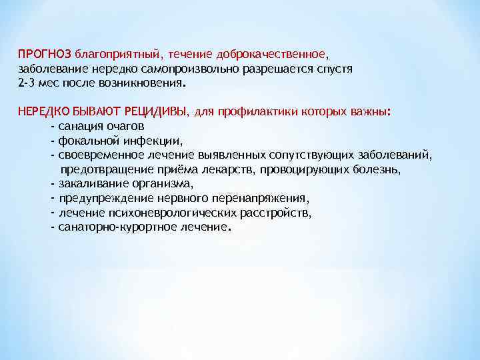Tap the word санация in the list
click(x=79, y=126)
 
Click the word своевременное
click(x=97, y=155)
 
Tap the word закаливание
click(x=92, y=184)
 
